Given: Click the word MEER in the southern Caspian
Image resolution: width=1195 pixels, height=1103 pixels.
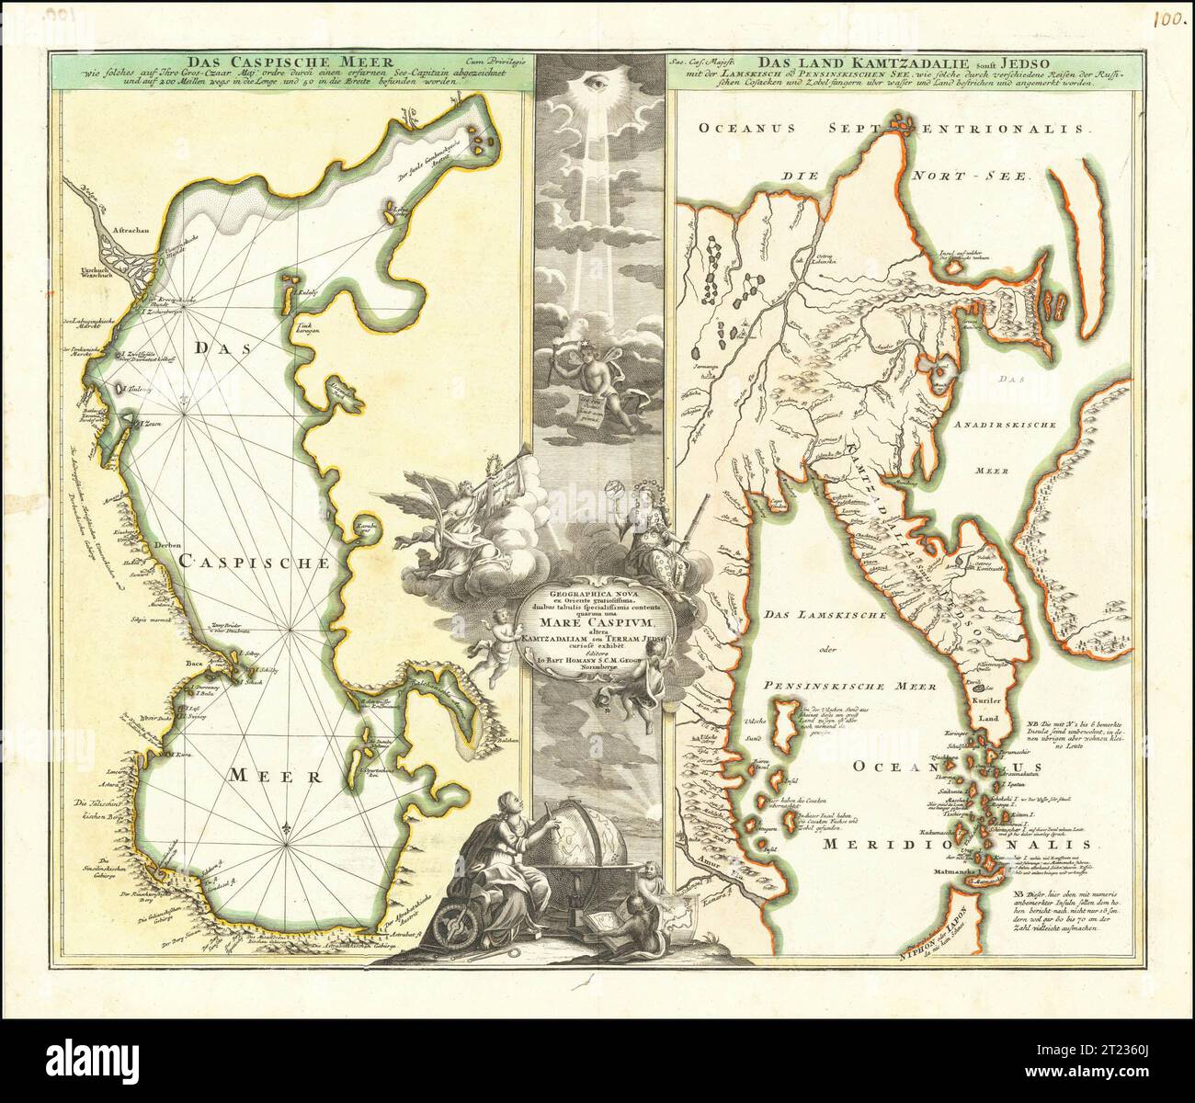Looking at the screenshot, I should [276, 775].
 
